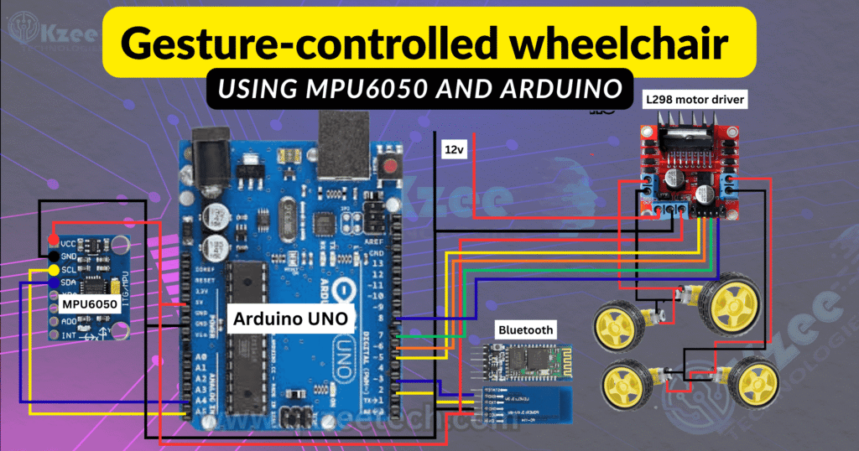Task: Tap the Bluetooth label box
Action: tap(525, 329)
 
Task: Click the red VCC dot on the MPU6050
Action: tap(54, 241)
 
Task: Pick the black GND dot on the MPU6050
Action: tap(54, 256)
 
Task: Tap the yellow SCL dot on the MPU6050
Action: tap(54, 270)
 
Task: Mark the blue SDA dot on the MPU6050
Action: tap(54, 284)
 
